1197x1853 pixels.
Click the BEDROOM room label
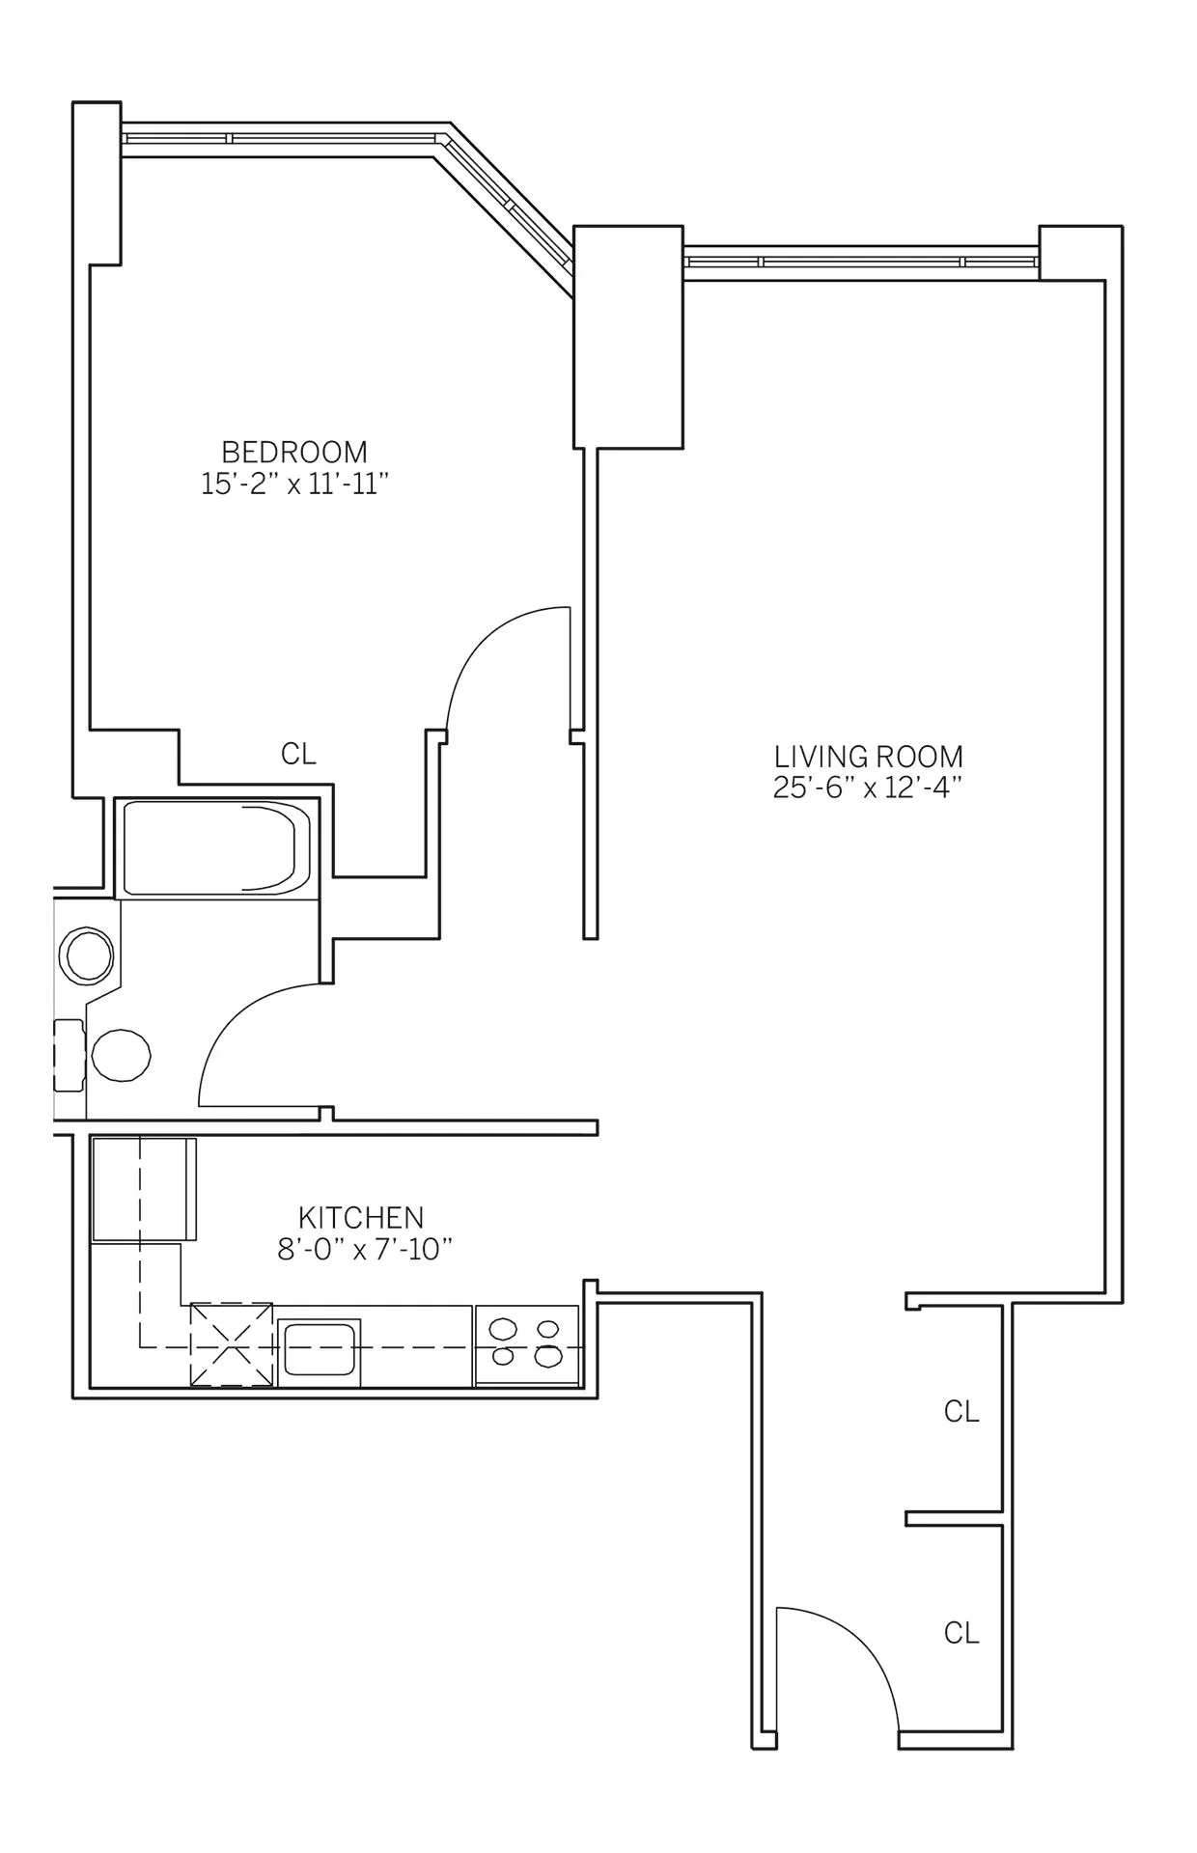(294, 452)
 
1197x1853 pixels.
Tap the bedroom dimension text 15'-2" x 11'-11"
(294, 484)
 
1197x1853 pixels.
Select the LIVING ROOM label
(868, 756)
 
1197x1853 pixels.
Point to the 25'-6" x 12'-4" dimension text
(868, 788)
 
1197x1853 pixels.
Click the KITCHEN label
(361, 1217)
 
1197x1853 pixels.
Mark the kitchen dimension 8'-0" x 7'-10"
(365, 1250)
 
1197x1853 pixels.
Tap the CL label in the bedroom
(298, 754)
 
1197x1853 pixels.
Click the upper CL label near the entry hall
(961, 1412)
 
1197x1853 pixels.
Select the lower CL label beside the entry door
(961, 1633)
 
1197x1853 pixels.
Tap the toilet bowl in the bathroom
(122, 1055)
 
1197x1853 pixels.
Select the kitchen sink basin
(320, 1351)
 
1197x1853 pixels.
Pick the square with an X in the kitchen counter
(232, 1344)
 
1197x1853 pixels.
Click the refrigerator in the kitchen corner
(143, 1189)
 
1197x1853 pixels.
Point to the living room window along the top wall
(861, 261)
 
